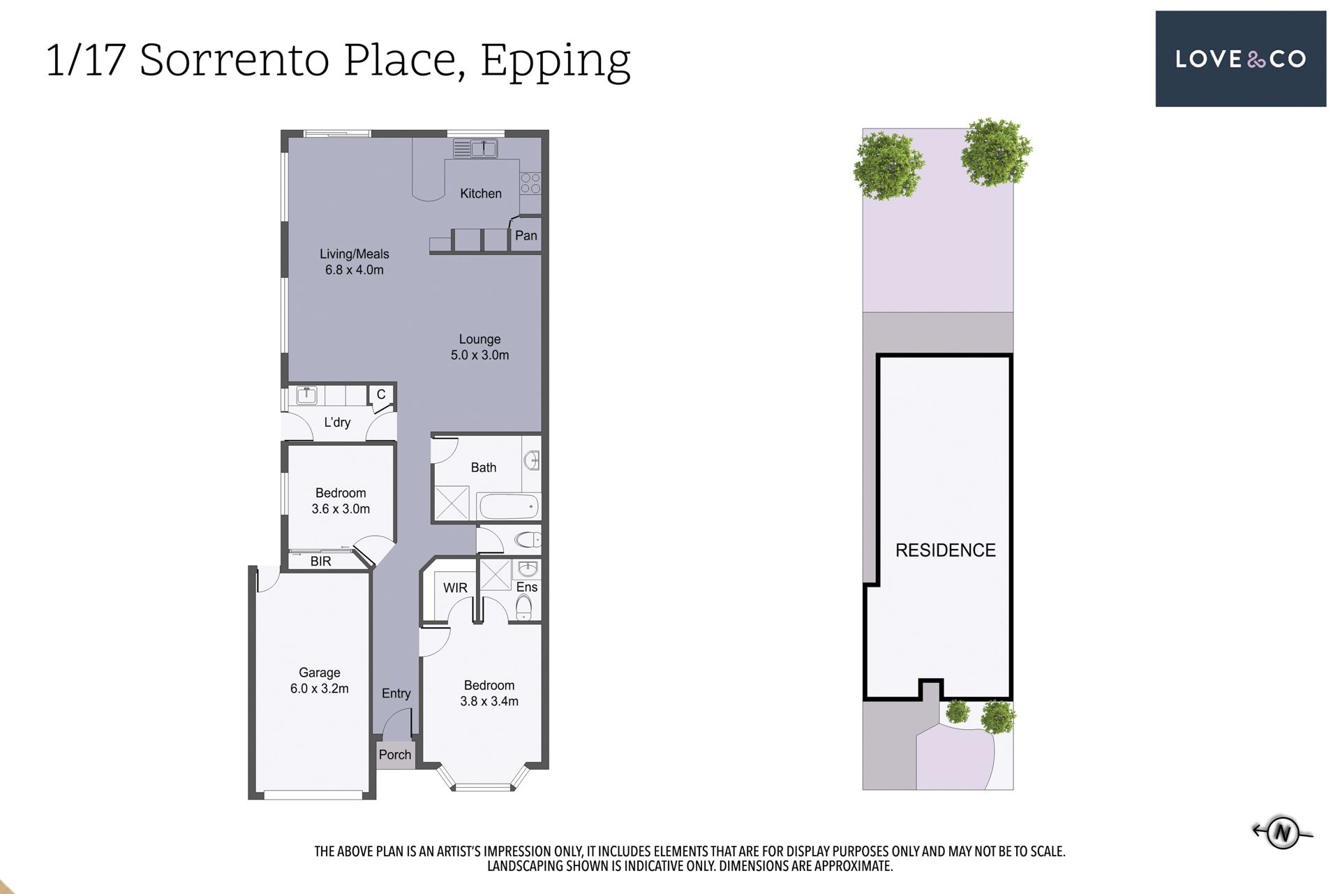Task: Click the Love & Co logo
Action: (1240, 59)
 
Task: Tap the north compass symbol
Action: (1282, 832)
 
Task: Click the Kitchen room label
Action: (481, 193)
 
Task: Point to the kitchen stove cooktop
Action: (530, 183)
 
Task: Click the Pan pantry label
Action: (526, 235)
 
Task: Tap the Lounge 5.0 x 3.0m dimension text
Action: (480, 355)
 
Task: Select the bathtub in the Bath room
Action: (508, 506)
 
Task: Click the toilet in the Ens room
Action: (523, 608)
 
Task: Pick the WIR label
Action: (455, 588)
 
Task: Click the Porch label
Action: (395, 754)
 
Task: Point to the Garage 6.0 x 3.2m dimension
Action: (320, 689)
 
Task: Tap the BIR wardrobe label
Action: (321, 561)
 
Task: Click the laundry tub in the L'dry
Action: (306, 395)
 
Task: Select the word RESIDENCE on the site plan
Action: (946, 550)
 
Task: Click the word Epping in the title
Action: (556, 61)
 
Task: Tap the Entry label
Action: (396, 694)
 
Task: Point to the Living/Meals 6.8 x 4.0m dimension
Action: (355, 270)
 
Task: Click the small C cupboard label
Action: (381, 394)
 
